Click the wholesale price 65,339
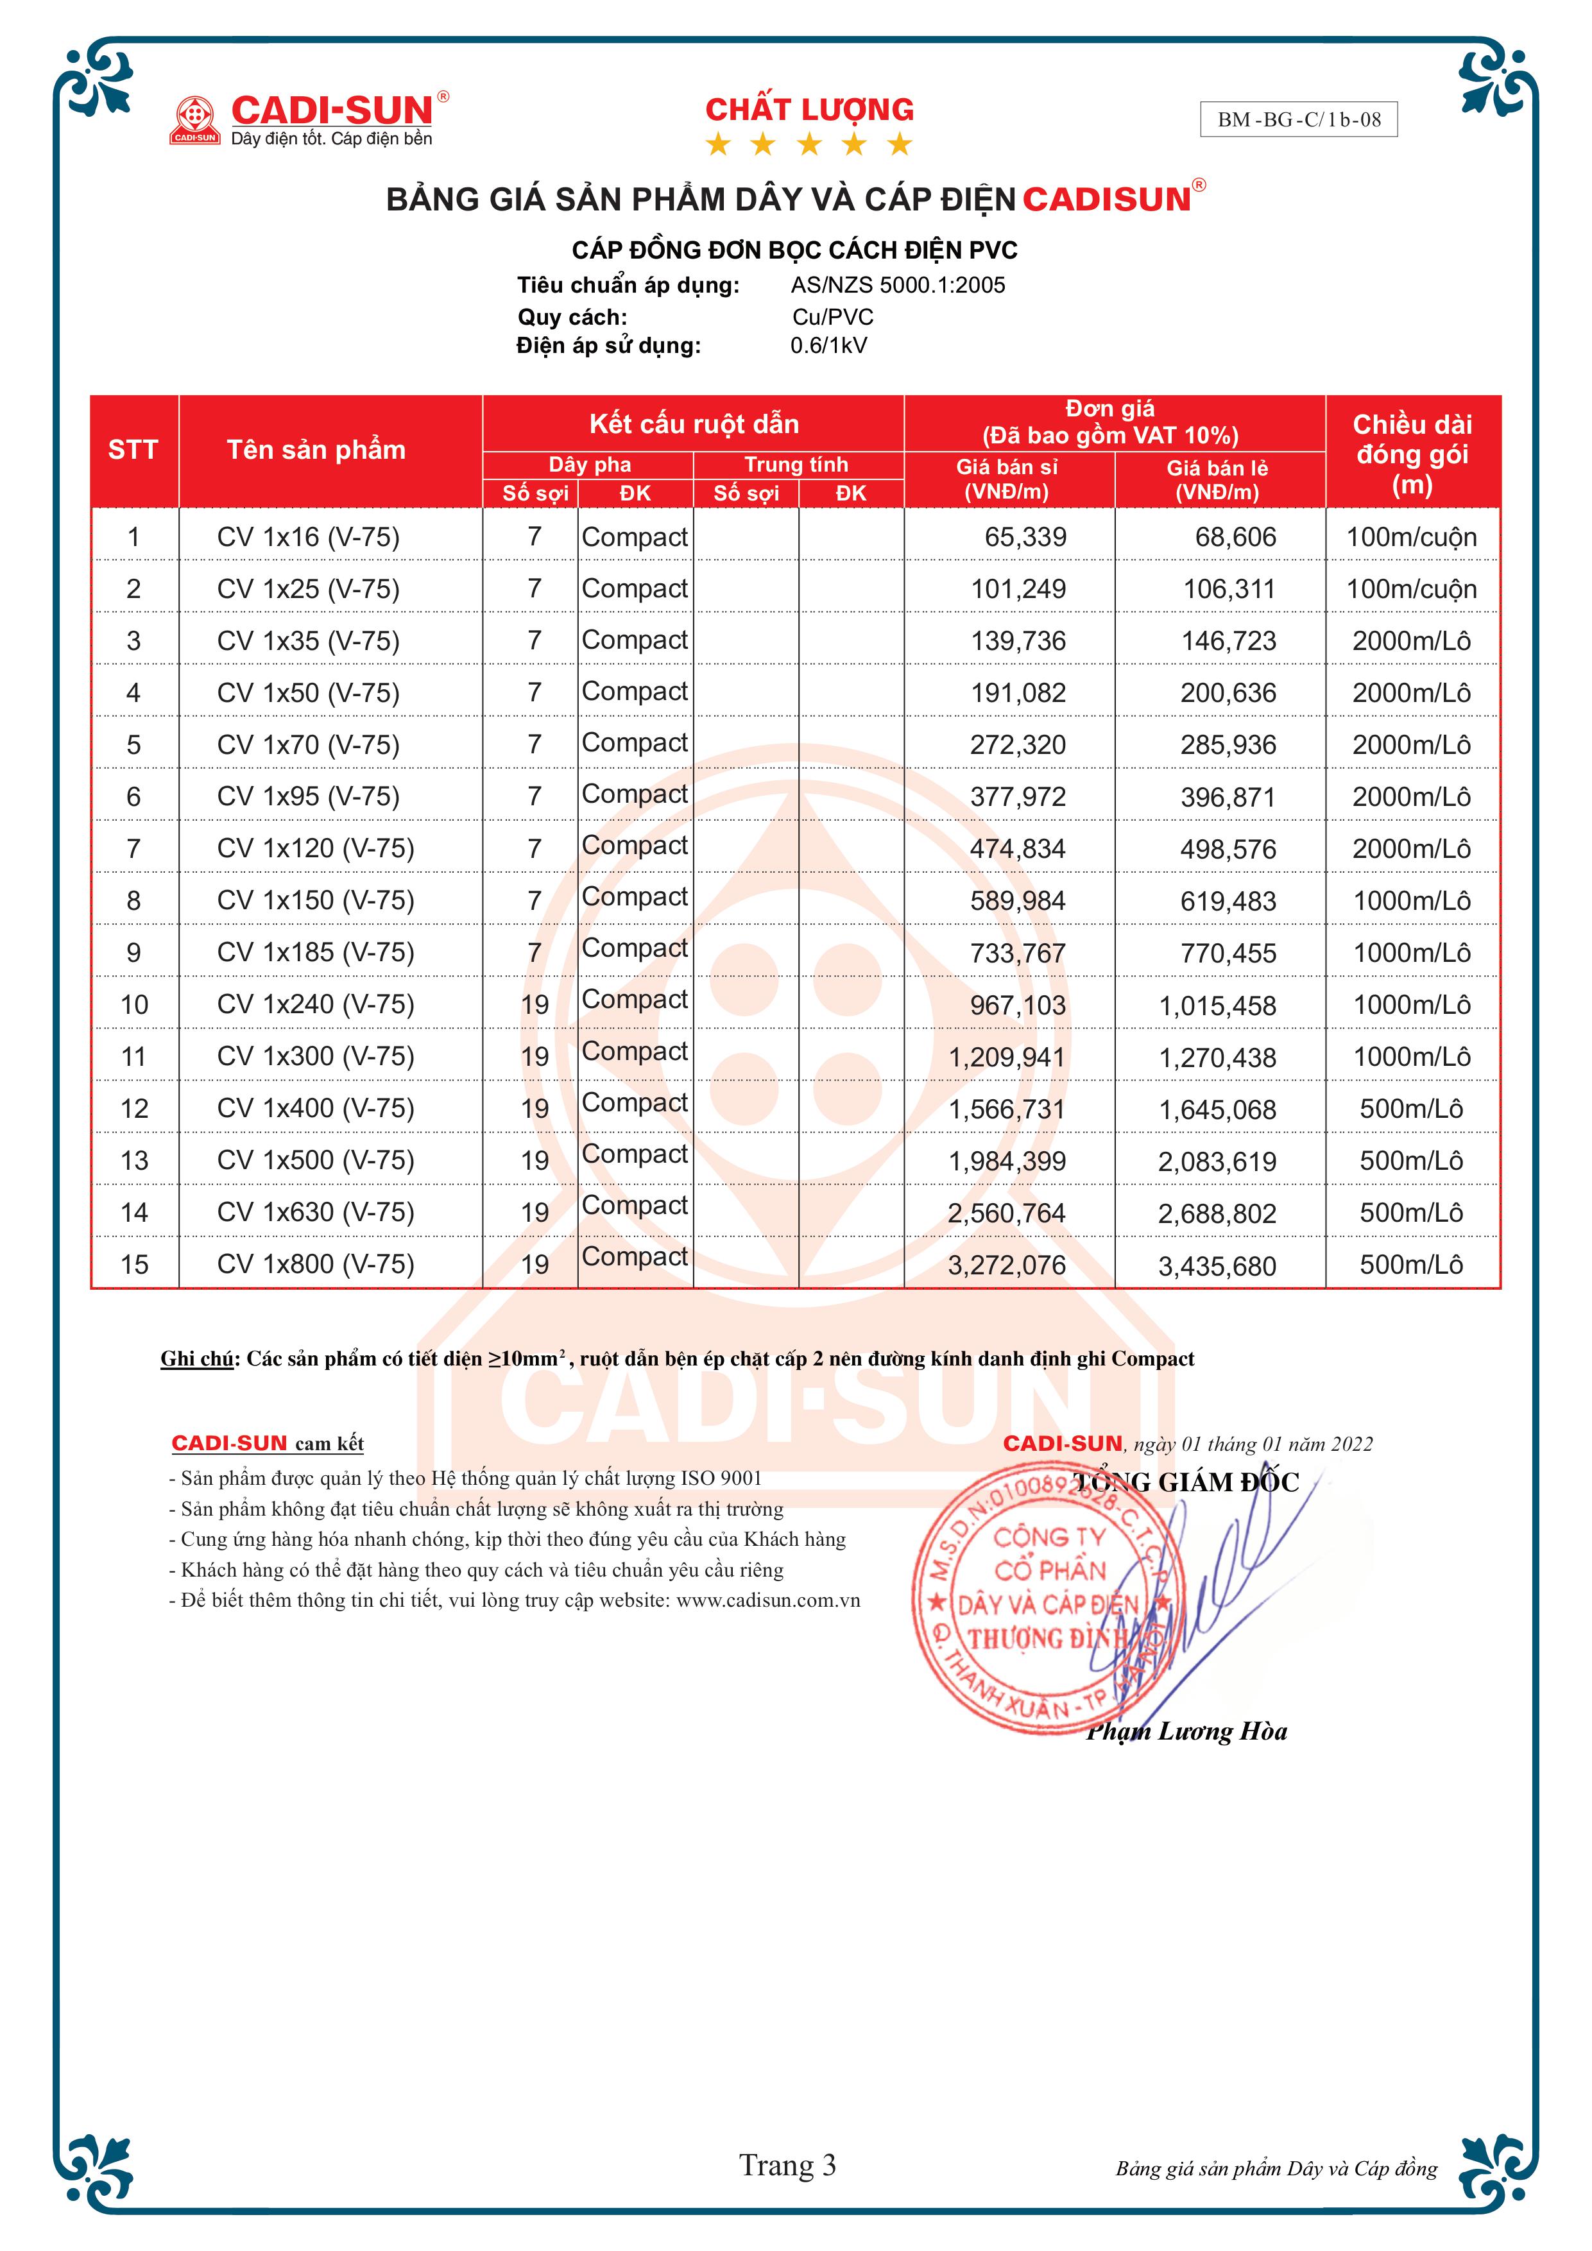[x=1025, y=537]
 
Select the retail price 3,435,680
[x=1217, y=1265]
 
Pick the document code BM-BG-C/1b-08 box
[x=1298, y=119]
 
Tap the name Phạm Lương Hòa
[x=1187, y=1731]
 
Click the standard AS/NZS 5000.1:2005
[x=898, y=286]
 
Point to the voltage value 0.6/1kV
[x=828, y=345]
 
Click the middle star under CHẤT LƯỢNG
[x=809, y=145]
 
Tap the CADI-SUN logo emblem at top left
[x=195, y=119]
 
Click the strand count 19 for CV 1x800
[x=535, y=1265]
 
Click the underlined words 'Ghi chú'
[x=197, y=1359]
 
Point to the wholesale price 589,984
[x=1018, y=901]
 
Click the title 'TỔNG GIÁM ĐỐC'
[x=1186, y=1482]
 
